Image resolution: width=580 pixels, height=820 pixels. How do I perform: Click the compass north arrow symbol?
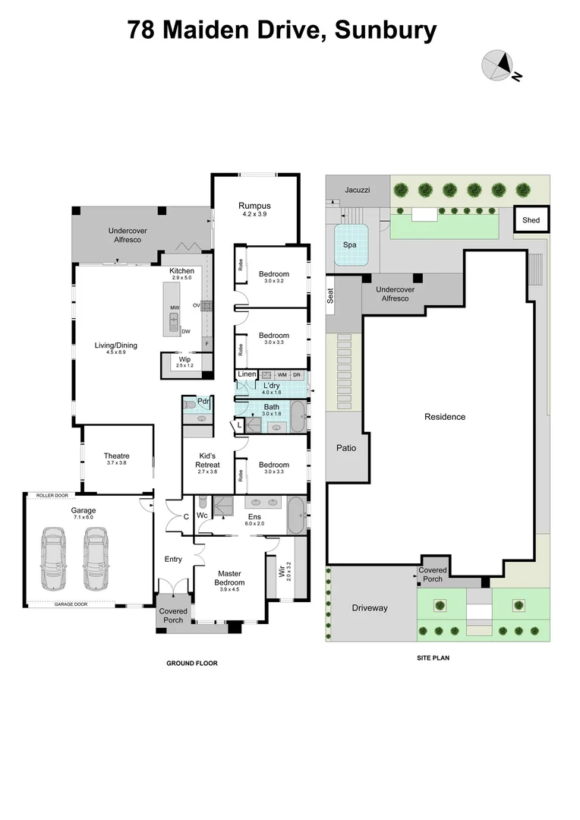(498, 65)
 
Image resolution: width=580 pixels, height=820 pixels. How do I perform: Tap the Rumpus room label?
(254, 206)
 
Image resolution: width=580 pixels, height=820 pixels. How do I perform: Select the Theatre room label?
(116, 456)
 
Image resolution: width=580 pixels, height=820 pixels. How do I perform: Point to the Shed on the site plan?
(531, 220)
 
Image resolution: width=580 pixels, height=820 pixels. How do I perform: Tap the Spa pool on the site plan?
(350, 244)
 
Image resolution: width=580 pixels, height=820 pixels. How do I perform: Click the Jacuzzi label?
(357, 190)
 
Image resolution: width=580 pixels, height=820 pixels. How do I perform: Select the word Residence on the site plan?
(445, 417)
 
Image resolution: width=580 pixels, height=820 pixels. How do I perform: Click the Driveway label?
(370, 608)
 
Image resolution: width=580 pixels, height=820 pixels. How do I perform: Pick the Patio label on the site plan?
(345, 448)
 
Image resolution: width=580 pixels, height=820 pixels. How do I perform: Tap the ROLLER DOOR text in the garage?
(52, 496)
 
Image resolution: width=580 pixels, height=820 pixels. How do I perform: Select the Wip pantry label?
(184, 359)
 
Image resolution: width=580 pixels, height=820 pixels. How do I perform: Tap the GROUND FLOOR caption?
(192, 663)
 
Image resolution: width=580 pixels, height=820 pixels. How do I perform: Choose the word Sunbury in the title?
(386, 30)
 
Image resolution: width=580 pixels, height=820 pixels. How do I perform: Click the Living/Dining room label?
(116, 345)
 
